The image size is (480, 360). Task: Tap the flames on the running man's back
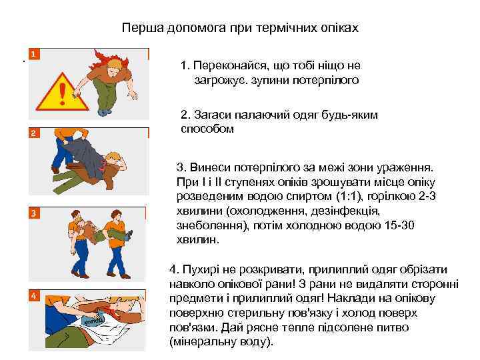point(99,56)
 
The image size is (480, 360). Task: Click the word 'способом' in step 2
point(208,129)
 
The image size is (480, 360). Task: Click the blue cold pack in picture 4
point(91,321)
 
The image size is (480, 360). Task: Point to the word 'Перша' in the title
point(138,29)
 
